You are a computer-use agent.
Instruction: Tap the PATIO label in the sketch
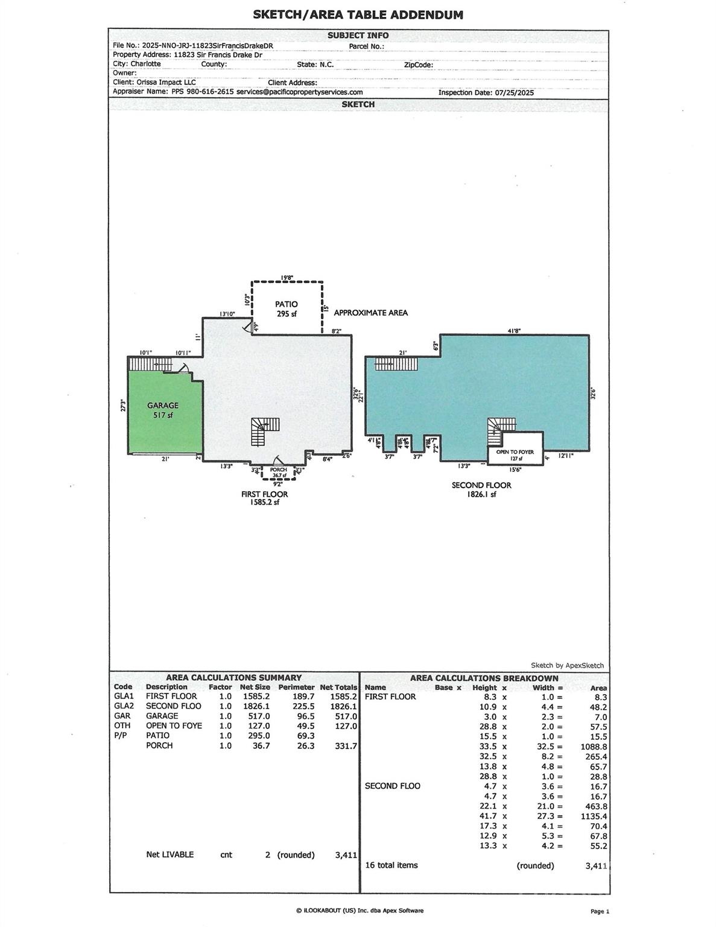287,305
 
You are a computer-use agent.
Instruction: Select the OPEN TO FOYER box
515,454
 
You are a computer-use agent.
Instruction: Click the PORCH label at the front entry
278,470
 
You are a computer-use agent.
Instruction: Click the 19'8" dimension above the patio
287,278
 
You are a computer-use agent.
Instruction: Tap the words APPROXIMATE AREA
370,313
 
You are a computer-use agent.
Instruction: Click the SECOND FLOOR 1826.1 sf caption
481,489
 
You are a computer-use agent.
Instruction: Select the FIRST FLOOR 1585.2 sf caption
264,498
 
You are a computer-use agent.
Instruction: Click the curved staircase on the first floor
264,430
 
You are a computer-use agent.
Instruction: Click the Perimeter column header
296,687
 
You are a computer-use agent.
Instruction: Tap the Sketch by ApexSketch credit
566,665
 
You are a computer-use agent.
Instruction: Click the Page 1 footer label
600,911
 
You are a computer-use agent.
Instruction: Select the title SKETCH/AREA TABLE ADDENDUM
358,15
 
